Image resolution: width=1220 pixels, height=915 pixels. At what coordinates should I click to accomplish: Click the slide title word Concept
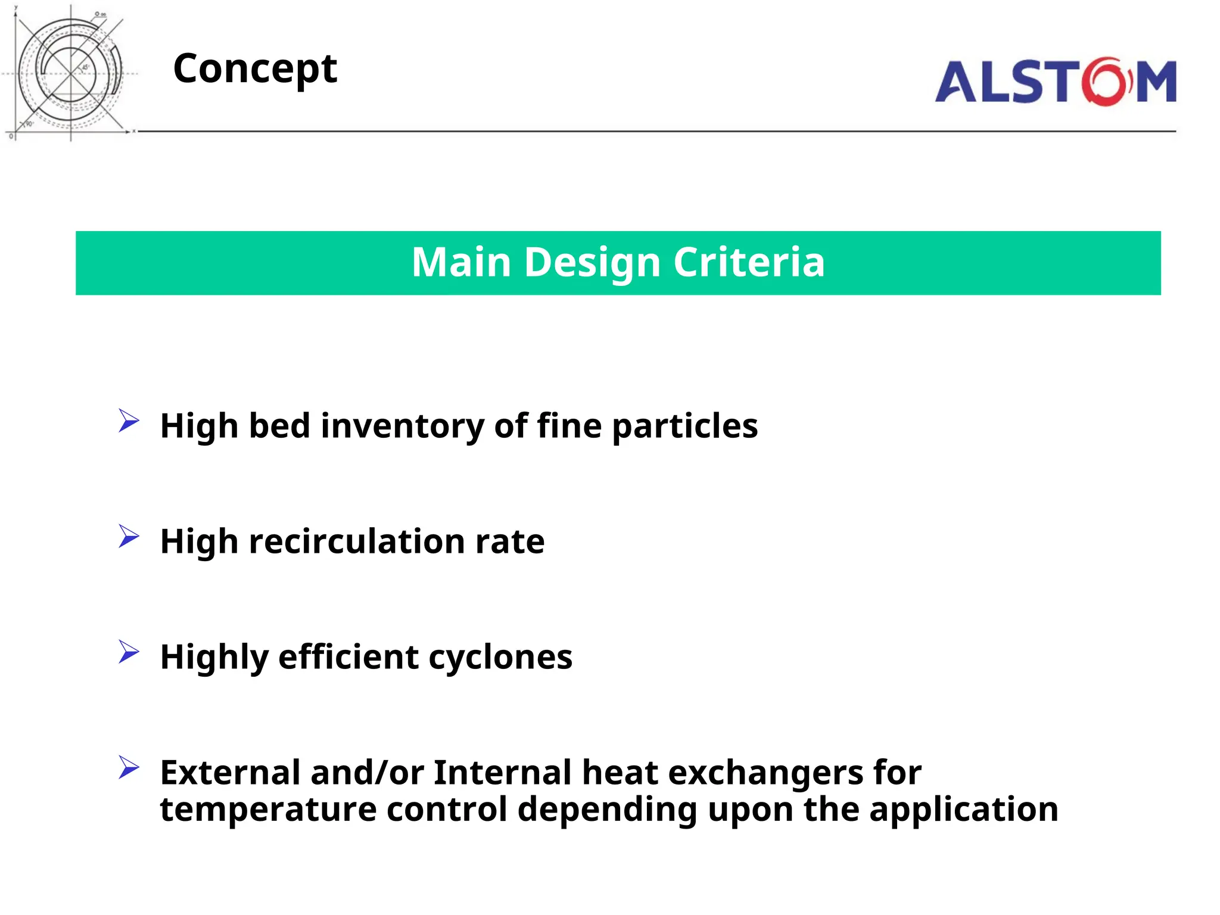[x=255, y=69]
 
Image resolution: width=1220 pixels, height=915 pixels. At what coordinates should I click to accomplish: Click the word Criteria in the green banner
[x=749, y=262]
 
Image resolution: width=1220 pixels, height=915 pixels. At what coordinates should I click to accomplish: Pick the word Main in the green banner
[x=462, y=262]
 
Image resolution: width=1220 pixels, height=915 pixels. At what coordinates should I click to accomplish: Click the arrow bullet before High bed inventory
[x=129, y=421]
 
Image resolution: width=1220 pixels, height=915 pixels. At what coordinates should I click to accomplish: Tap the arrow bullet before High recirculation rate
[x=129, y=536]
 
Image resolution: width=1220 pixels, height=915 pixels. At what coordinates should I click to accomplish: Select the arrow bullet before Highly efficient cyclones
[x=129, y=652]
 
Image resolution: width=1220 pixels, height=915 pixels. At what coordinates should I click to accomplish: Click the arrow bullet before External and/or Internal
[x=129, y=767]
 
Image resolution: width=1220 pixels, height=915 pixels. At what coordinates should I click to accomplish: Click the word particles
[x=684, y=427]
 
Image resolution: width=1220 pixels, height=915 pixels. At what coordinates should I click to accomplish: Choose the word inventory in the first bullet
[x=403, y=427]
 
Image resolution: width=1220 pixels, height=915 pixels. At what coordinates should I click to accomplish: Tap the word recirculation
[x=357, y=541]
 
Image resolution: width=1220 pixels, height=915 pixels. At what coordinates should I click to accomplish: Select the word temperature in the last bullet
[x=268, y=810]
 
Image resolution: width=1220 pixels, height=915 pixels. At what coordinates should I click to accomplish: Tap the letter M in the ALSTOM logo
[x=1156, y=82]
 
